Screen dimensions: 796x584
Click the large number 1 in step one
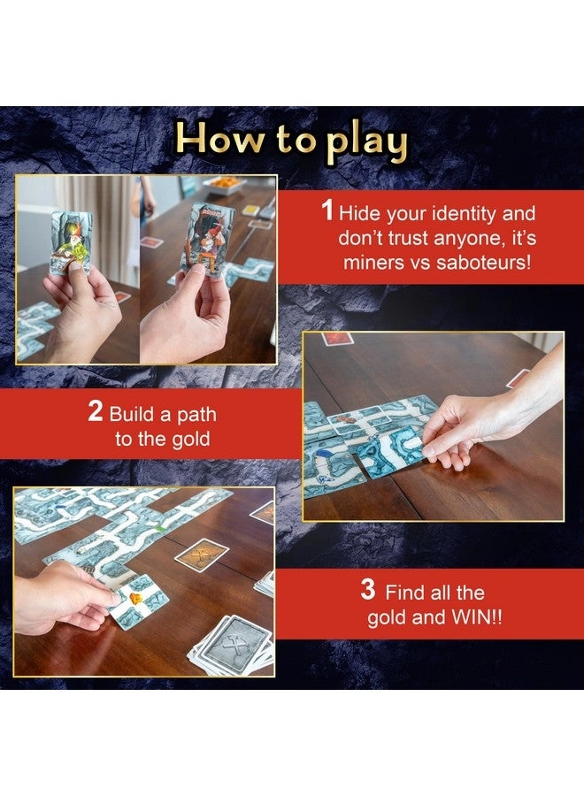click(x=327, y=213)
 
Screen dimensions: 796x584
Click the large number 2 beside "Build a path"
click(x=96, y=412)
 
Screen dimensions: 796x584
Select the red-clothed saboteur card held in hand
click(x=207, y=240)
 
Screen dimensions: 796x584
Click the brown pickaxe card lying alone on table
click(x=201, y=555)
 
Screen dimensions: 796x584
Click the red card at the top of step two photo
click(x=337, y=338)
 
